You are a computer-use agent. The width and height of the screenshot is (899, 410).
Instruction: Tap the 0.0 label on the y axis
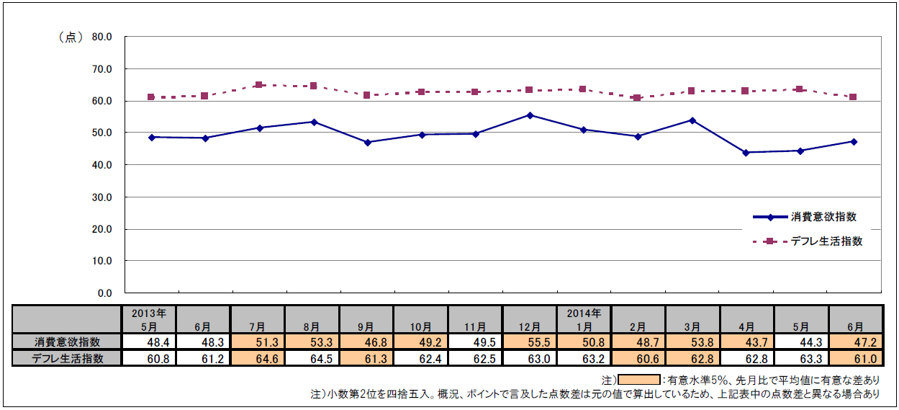(106, 293)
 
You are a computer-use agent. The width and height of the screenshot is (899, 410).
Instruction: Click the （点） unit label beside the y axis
(70, 37)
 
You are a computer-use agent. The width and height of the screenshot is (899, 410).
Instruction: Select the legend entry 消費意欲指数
(822, 217)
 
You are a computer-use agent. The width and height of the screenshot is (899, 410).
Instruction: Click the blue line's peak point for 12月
(530, 115)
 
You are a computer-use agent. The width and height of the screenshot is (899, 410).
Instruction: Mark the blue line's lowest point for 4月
(746, 153)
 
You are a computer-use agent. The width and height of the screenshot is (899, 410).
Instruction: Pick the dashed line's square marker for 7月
(259, 85)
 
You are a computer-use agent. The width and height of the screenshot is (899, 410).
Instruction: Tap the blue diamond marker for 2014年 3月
(692, 120)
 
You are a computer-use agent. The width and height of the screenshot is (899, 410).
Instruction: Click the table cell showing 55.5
(529, 342)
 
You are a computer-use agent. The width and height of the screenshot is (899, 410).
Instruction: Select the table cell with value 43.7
(746, 342)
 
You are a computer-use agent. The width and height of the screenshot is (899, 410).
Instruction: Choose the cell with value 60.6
(638, 358)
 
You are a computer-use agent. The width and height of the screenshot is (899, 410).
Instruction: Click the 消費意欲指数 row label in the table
(68, 342)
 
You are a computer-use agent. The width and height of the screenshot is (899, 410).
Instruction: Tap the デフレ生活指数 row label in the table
(68, 358)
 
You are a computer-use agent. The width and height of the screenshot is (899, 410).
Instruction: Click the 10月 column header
(420, 326)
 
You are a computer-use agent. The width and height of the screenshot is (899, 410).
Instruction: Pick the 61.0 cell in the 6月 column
(854, 358)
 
